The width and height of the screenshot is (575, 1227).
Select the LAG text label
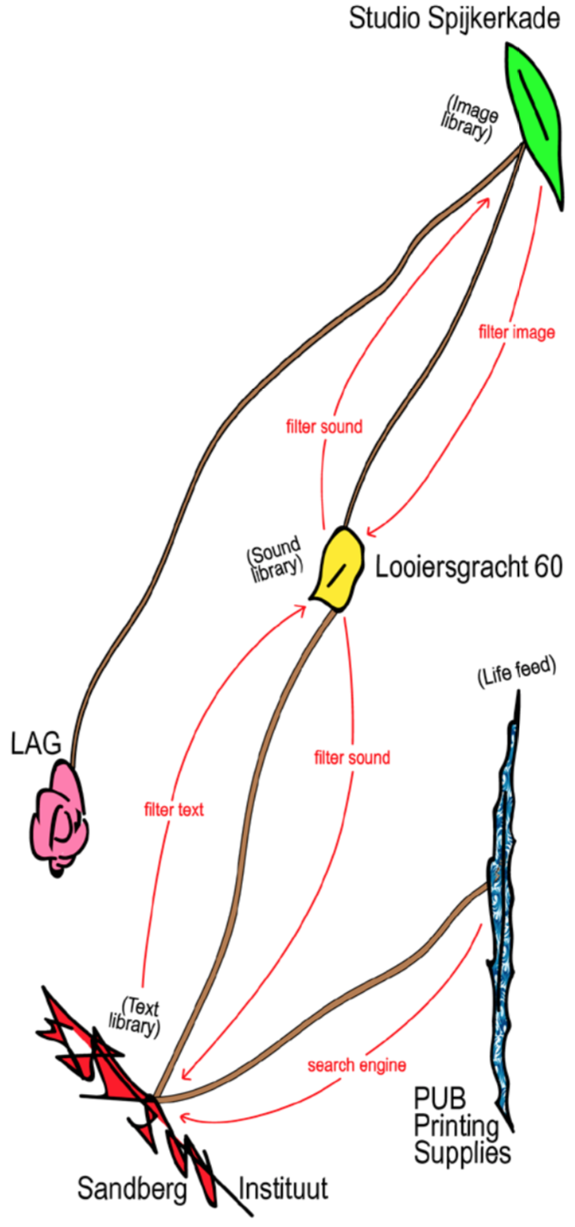(x=36, y=744)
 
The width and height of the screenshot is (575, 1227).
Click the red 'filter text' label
(x=174, y=809)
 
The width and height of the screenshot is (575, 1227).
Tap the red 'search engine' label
(x=354, y=1066)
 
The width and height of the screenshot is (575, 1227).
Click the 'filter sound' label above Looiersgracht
(x=324, y=425)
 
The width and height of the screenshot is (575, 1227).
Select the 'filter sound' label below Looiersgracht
(x=352, y=758)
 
